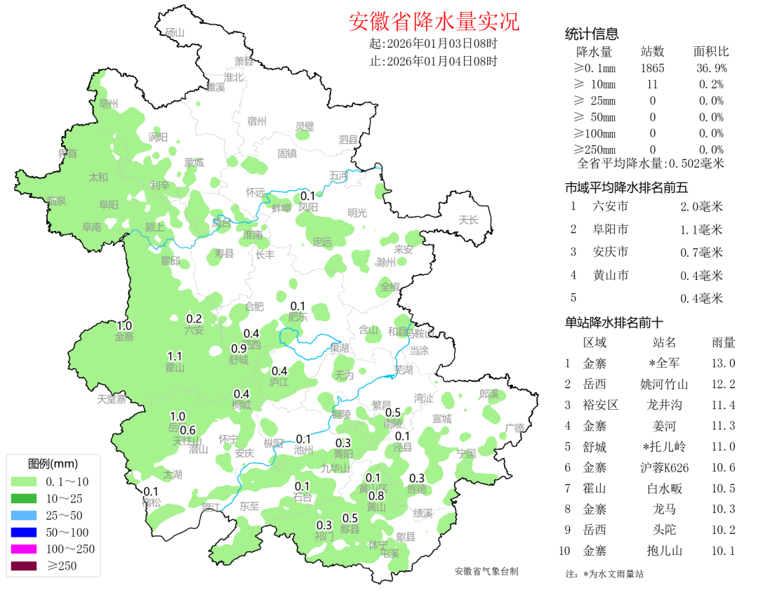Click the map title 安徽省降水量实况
click(434, 22)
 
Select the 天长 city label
click(468, 220)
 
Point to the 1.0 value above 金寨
click(124, 326)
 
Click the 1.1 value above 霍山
click(175, 356)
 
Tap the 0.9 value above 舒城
click(239, 349)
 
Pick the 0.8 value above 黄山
click(376, 496)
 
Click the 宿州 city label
click(257, 121)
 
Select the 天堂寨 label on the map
click(112, 399)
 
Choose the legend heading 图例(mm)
click(53, 464)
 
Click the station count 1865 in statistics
click(652, 68)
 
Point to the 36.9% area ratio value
click(711, 68)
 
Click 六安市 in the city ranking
click(610, 206)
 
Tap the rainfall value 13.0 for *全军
click(723, 363)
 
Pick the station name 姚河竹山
click(664, 385)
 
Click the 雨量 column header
click(723, 343)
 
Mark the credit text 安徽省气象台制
click(486, 572)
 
